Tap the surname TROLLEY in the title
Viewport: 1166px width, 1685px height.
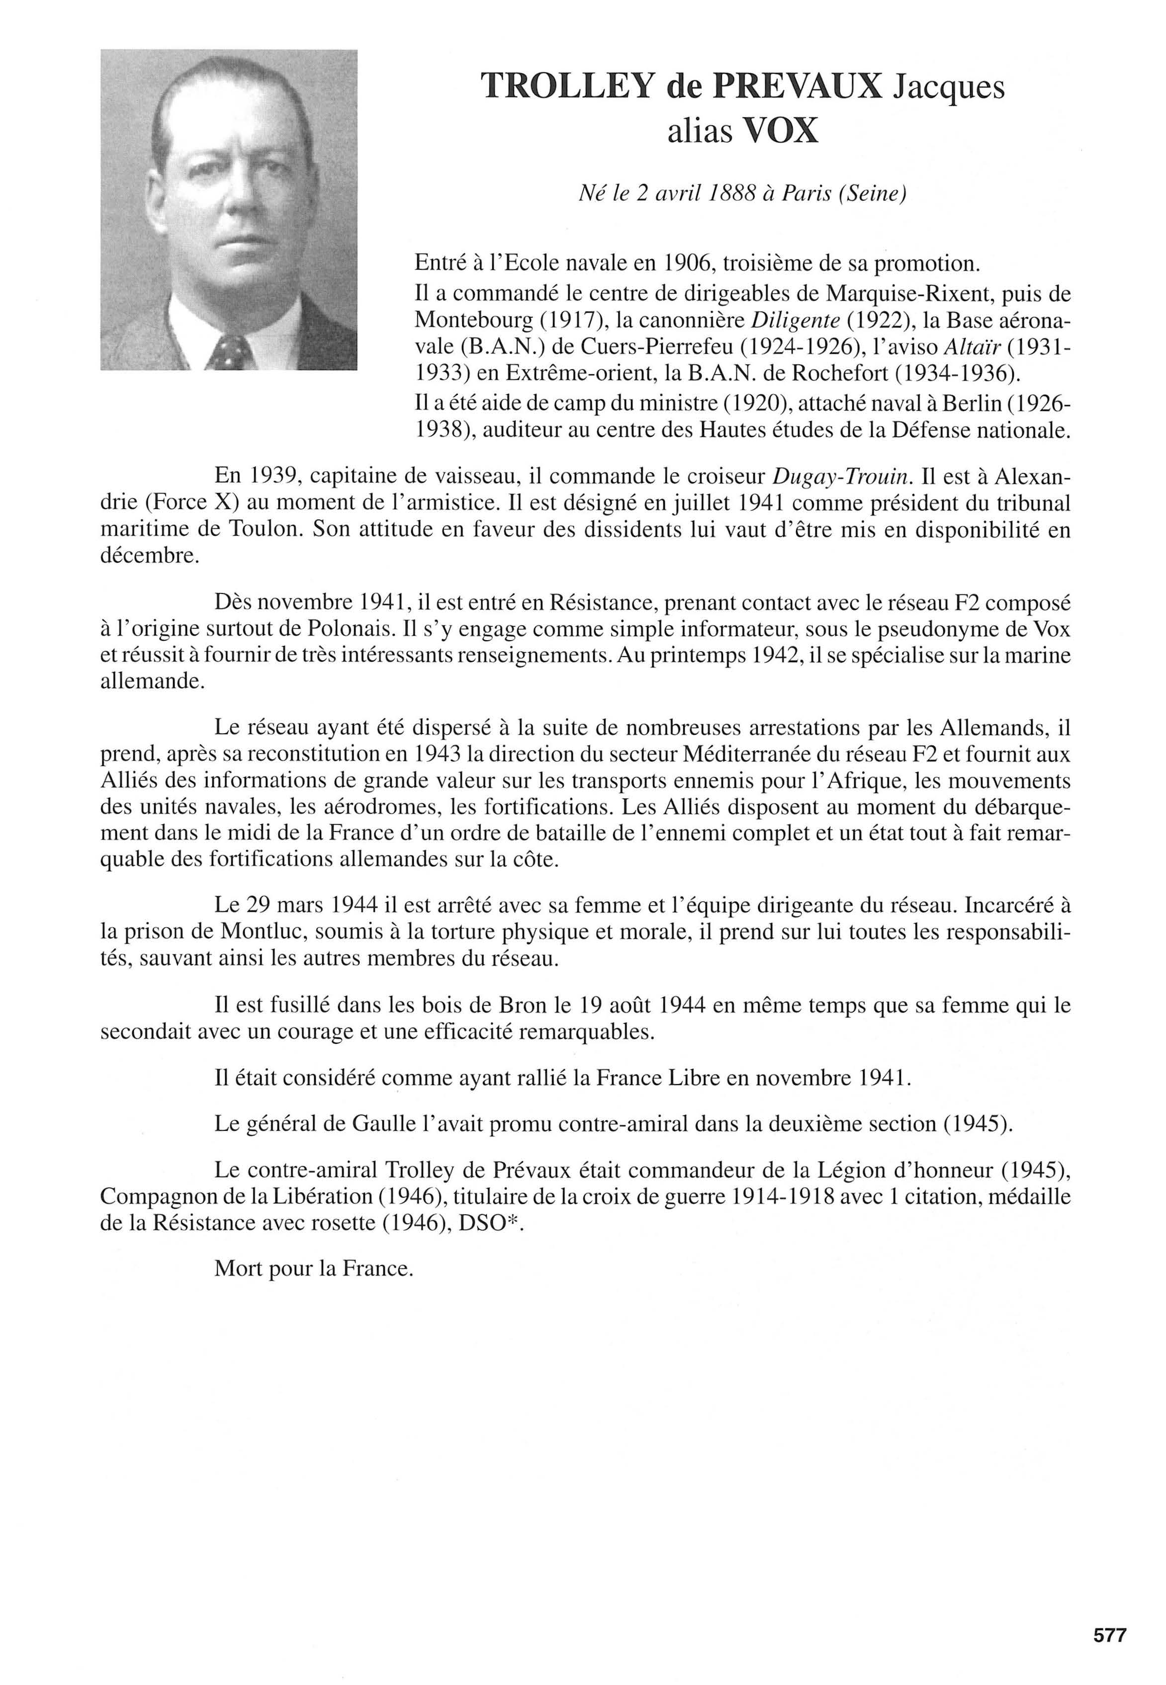[567, 87]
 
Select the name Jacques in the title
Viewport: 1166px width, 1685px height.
[949, 87]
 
